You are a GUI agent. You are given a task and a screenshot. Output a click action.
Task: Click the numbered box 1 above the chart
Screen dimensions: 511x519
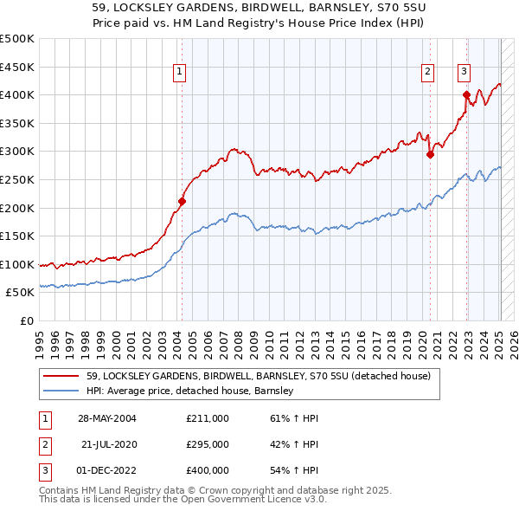pyautogui.click(x=179, y=73)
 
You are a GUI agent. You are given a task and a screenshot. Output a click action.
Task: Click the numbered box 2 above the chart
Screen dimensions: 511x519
pyautogui.click(x=427, y=73)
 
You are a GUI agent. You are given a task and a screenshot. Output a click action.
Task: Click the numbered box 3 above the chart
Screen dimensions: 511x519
pyautogui.click(x=464, y=73)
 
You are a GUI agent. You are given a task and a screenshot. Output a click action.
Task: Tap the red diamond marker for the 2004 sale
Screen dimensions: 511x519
pyautogui.click(x=182, y=201)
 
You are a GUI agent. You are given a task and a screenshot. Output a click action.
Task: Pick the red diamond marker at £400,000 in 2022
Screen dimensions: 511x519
pyautogui.click(x=466, y=94)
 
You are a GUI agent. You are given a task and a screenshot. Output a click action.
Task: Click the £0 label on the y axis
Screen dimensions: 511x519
pyautogui.click(x=26, y=320)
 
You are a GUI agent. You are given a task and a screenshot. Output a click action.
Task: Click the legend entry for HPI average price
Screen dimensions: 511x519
pyautogui.click(x=189, y=391)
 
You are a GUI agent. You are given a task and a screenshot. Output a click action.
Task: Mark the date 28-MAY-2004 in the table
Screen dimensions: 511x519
pyautogui.click(x=106, y=418)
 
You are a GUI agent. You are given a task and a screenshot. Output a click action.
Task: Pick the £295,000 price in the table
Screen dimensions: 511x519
pyautogui.click(x=208, y=444)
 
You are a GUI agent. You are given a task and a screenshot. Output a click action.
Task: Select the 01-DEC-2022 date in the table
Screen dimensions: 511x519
pyautogui.click(x=106, y=470)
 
